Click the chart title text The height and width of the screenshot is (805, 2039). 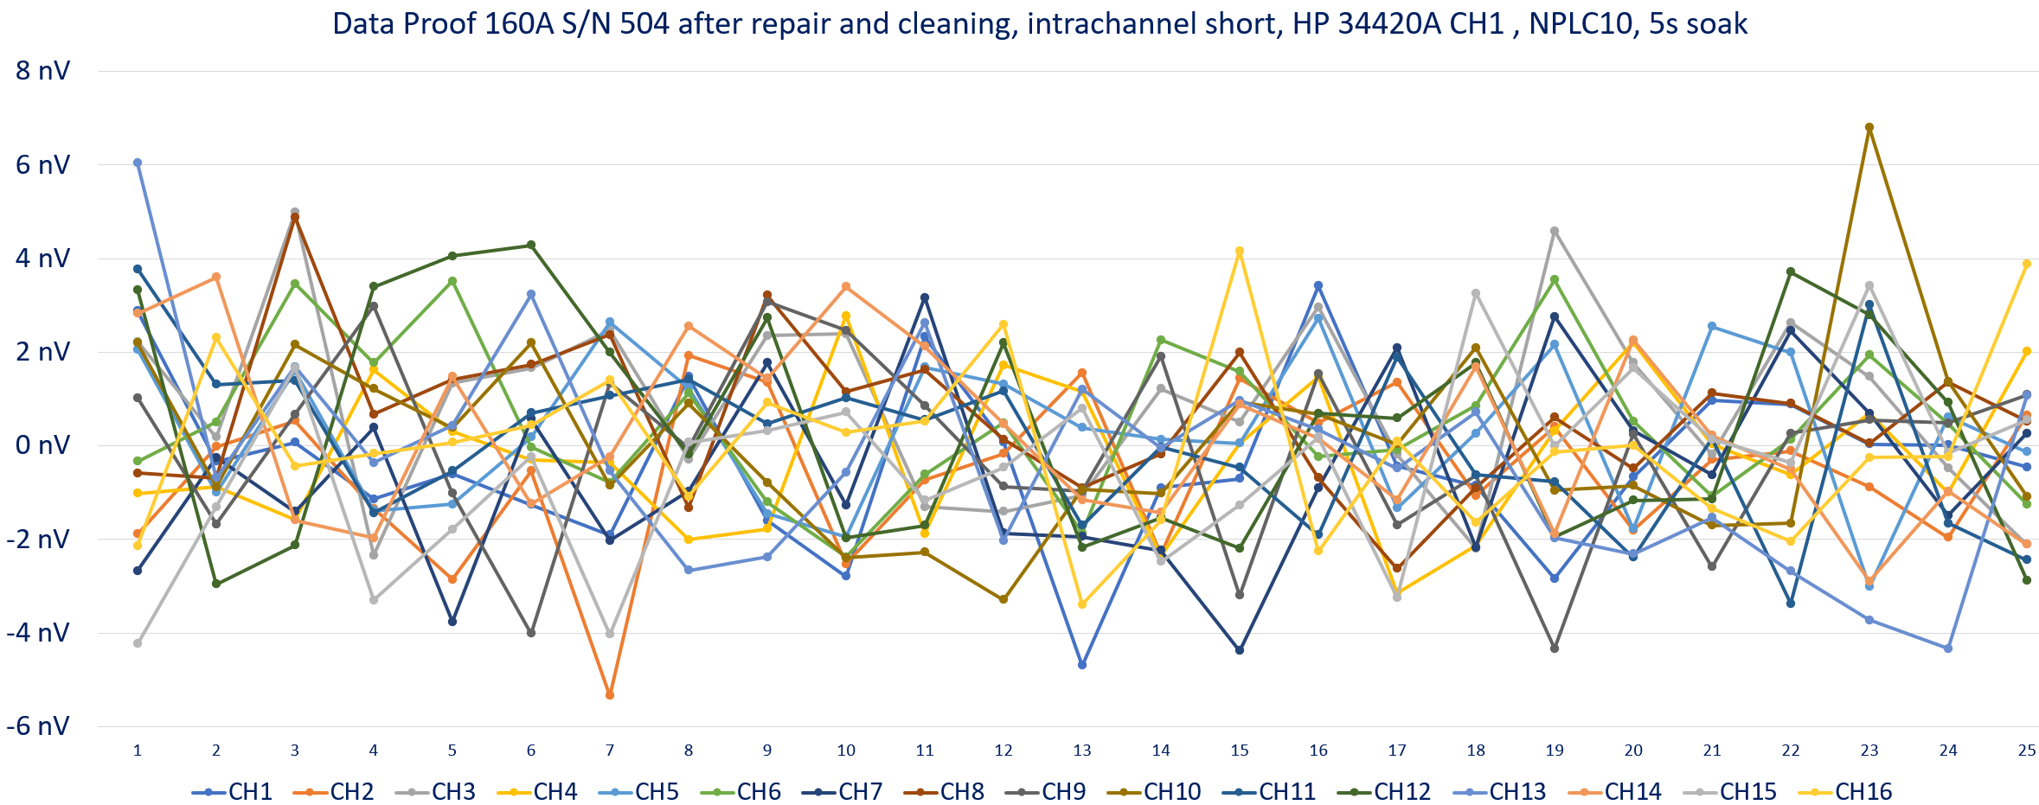(1040, 23)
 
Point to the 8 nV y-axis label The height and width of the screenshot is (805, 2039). (43, 70)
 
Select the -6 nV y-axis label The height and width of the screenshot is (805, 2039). (38, 725)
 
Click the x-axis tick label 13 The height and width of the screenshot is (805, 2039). (1082, 751)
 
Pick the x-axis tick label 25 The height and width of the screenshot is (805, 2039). (2027, 751)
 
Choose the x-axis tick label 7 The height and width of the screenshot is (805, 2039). (610, 751)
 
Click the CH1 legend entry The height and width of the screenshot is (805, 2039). (233, 791)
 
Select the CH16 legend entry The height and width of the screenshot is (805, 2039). (1845, 791)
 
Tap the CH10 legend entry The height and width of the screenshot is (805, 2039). (1154, 791)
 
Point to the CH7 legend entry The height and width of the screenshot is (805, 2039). (843, 791)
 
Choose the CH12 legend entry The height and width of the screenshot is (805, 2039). (1384, 791)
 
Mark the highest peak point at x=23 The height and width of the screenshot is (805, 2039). (1869, 127)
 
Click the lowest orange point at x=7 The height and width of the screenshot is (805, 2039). (610, 695)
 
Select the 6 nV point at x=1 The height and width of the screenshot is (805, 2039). (138, 163)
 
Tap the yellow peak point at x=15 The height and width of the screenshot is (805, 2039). (1240, 252)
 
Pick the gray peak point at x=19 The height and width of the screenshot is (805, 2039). (1555, 231)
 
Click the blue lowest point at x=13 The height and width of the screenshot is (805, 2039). (1082, 665)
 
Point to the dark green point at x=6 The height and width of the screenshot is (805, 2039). (531, 246)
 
